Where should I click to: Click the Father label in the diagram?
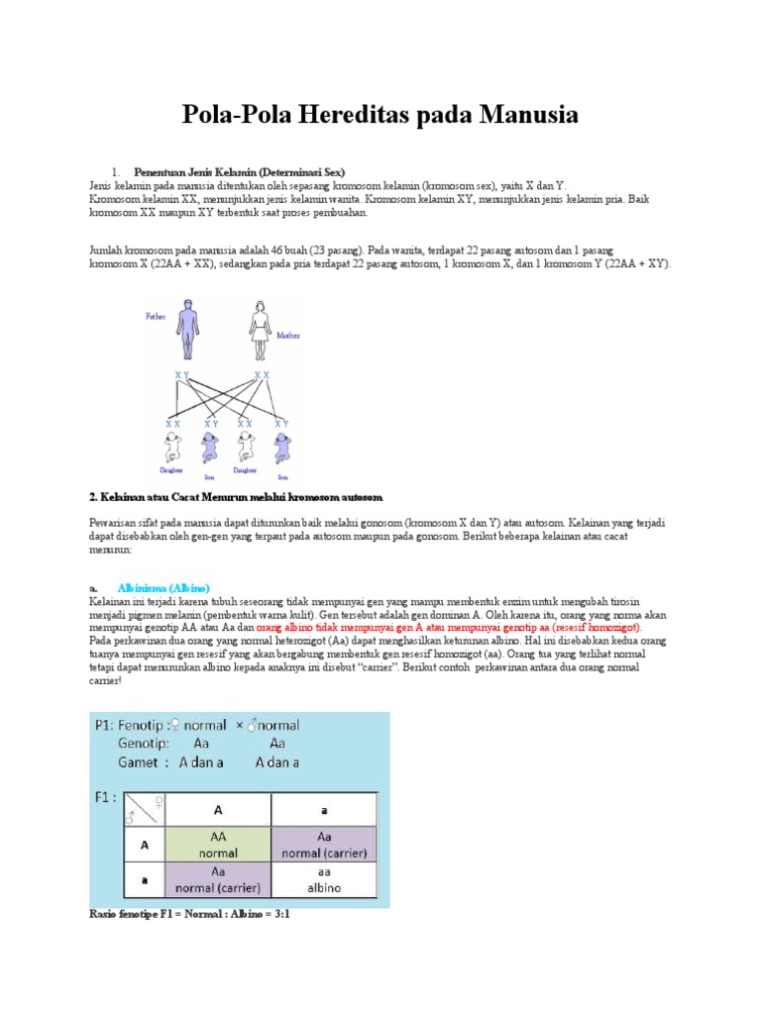[157, 316]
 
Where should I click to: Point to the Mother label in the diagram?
[289, 335]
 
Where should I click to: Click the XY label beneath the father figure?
[182, 374]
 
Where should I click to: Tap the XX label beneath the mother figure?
[263, 374]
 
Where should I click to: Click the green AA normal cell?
[218, 843]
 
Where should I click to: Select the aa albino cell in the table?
[324, 880]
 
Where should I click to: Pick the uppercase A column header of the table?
[218, 808]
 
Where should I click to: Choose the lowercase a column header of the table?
[324, 808]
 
